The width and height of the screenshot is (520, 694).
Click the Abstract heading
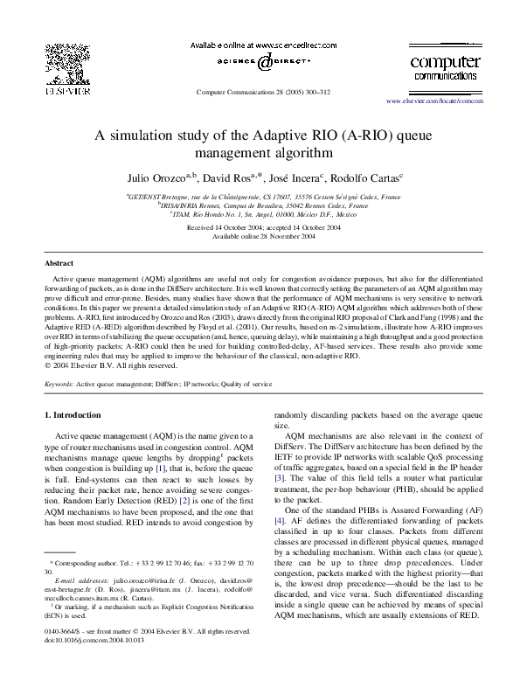pos(59,263)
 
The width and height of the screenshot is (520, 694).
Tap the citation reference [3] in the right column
pos(280,478)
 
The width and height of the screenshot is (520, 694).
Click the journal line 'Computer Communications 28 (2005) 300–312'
pos(260,91)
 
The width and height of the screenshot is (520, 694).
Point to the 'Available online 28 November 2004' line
pos(260,236)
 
